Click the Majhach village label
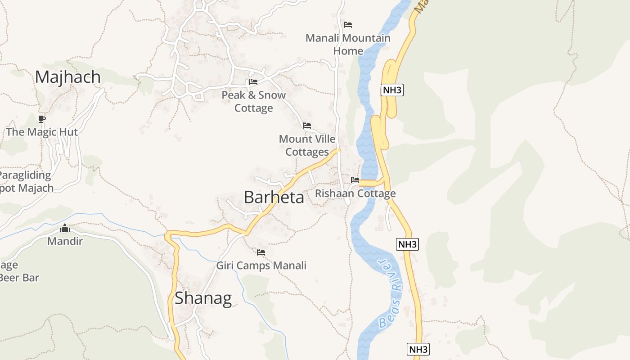68,77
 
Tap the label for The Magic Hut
42,132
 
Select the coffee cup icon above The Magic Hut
42,119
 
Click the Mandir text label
65,241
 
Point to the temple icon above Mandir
65,229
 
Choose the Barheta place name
274,198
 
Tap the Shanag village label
203,298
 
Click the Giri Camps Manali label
261,265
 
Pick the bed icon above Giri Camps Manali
261,252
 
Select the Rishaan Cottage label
355,193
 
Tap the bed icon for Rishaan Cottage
355,180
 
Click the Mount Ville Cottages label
307,145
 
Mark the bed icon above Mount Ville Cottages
307,126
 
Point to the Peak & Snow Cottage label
253,101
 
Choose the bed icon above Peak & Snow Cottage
253,82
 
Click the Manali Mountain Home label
348,44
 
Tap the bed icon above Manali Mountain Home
348,24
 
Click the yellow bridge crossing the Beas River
368,183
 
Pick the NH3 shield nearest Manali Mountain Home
391,90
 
